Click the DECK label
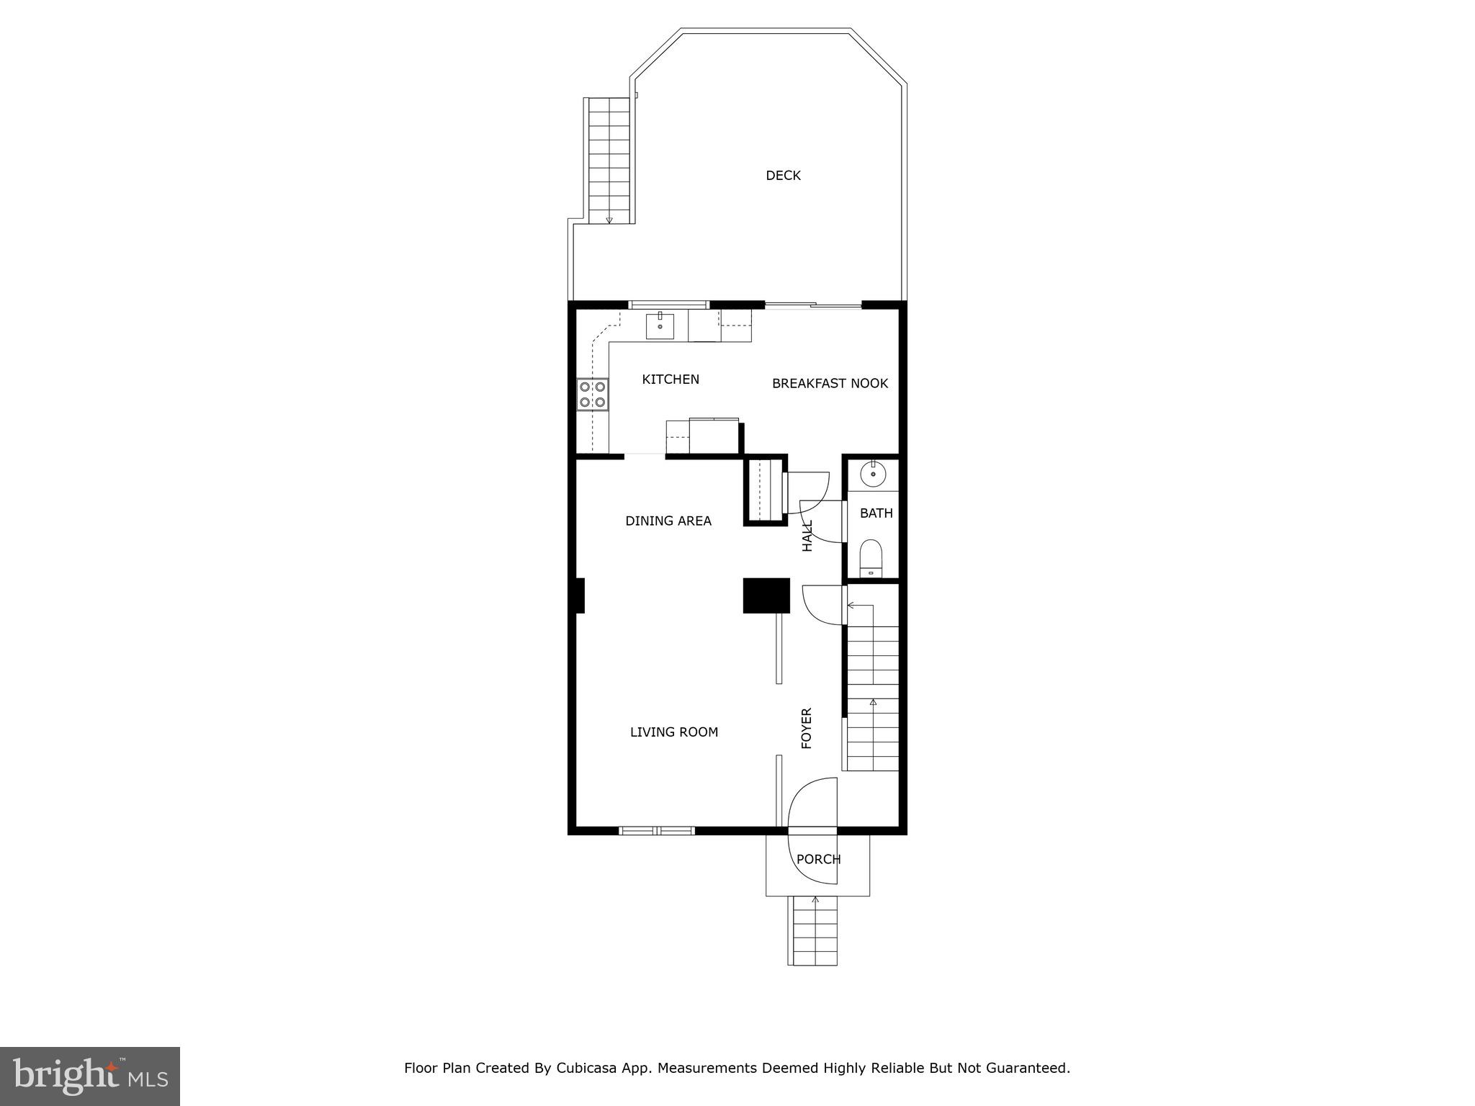(x=783, y=176)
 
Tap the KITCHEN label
(x=670, y=379)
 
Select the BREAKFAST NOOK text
(x=830, y=384)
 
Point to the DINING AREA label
(x=668, y=521)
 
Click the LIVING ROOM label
(x=673, y=732)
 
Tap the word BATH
(x=876, y=513)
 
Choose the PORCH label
(x=818, y=859)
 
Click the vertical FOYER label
(x=807, y=728)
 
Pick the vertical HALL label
(x=807, y=536)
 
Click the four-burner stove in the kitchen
(x=593, y=395)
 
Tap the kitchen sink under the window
(x=660, y=325)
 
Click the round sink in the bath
(x=873, y=474)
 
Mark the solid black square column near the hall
(x=766, y=595)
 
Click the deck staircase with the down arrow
(x=609, y=160)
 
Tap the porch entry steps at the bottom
(x=815, y=931)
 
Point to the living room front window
(x=656, y=831)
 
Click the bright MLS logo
(x=90, y=1076)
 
